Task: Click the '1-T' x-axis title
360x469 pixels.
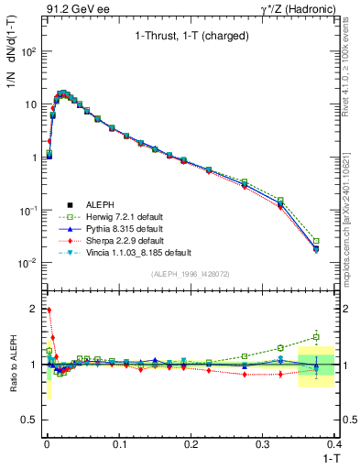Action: (x=324, y=459)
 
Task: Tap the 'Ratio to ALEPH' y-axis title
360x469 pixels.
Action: (x=12, y=364)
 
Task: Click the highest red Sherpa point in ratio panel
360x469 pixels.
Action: (x=47, y=311)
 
